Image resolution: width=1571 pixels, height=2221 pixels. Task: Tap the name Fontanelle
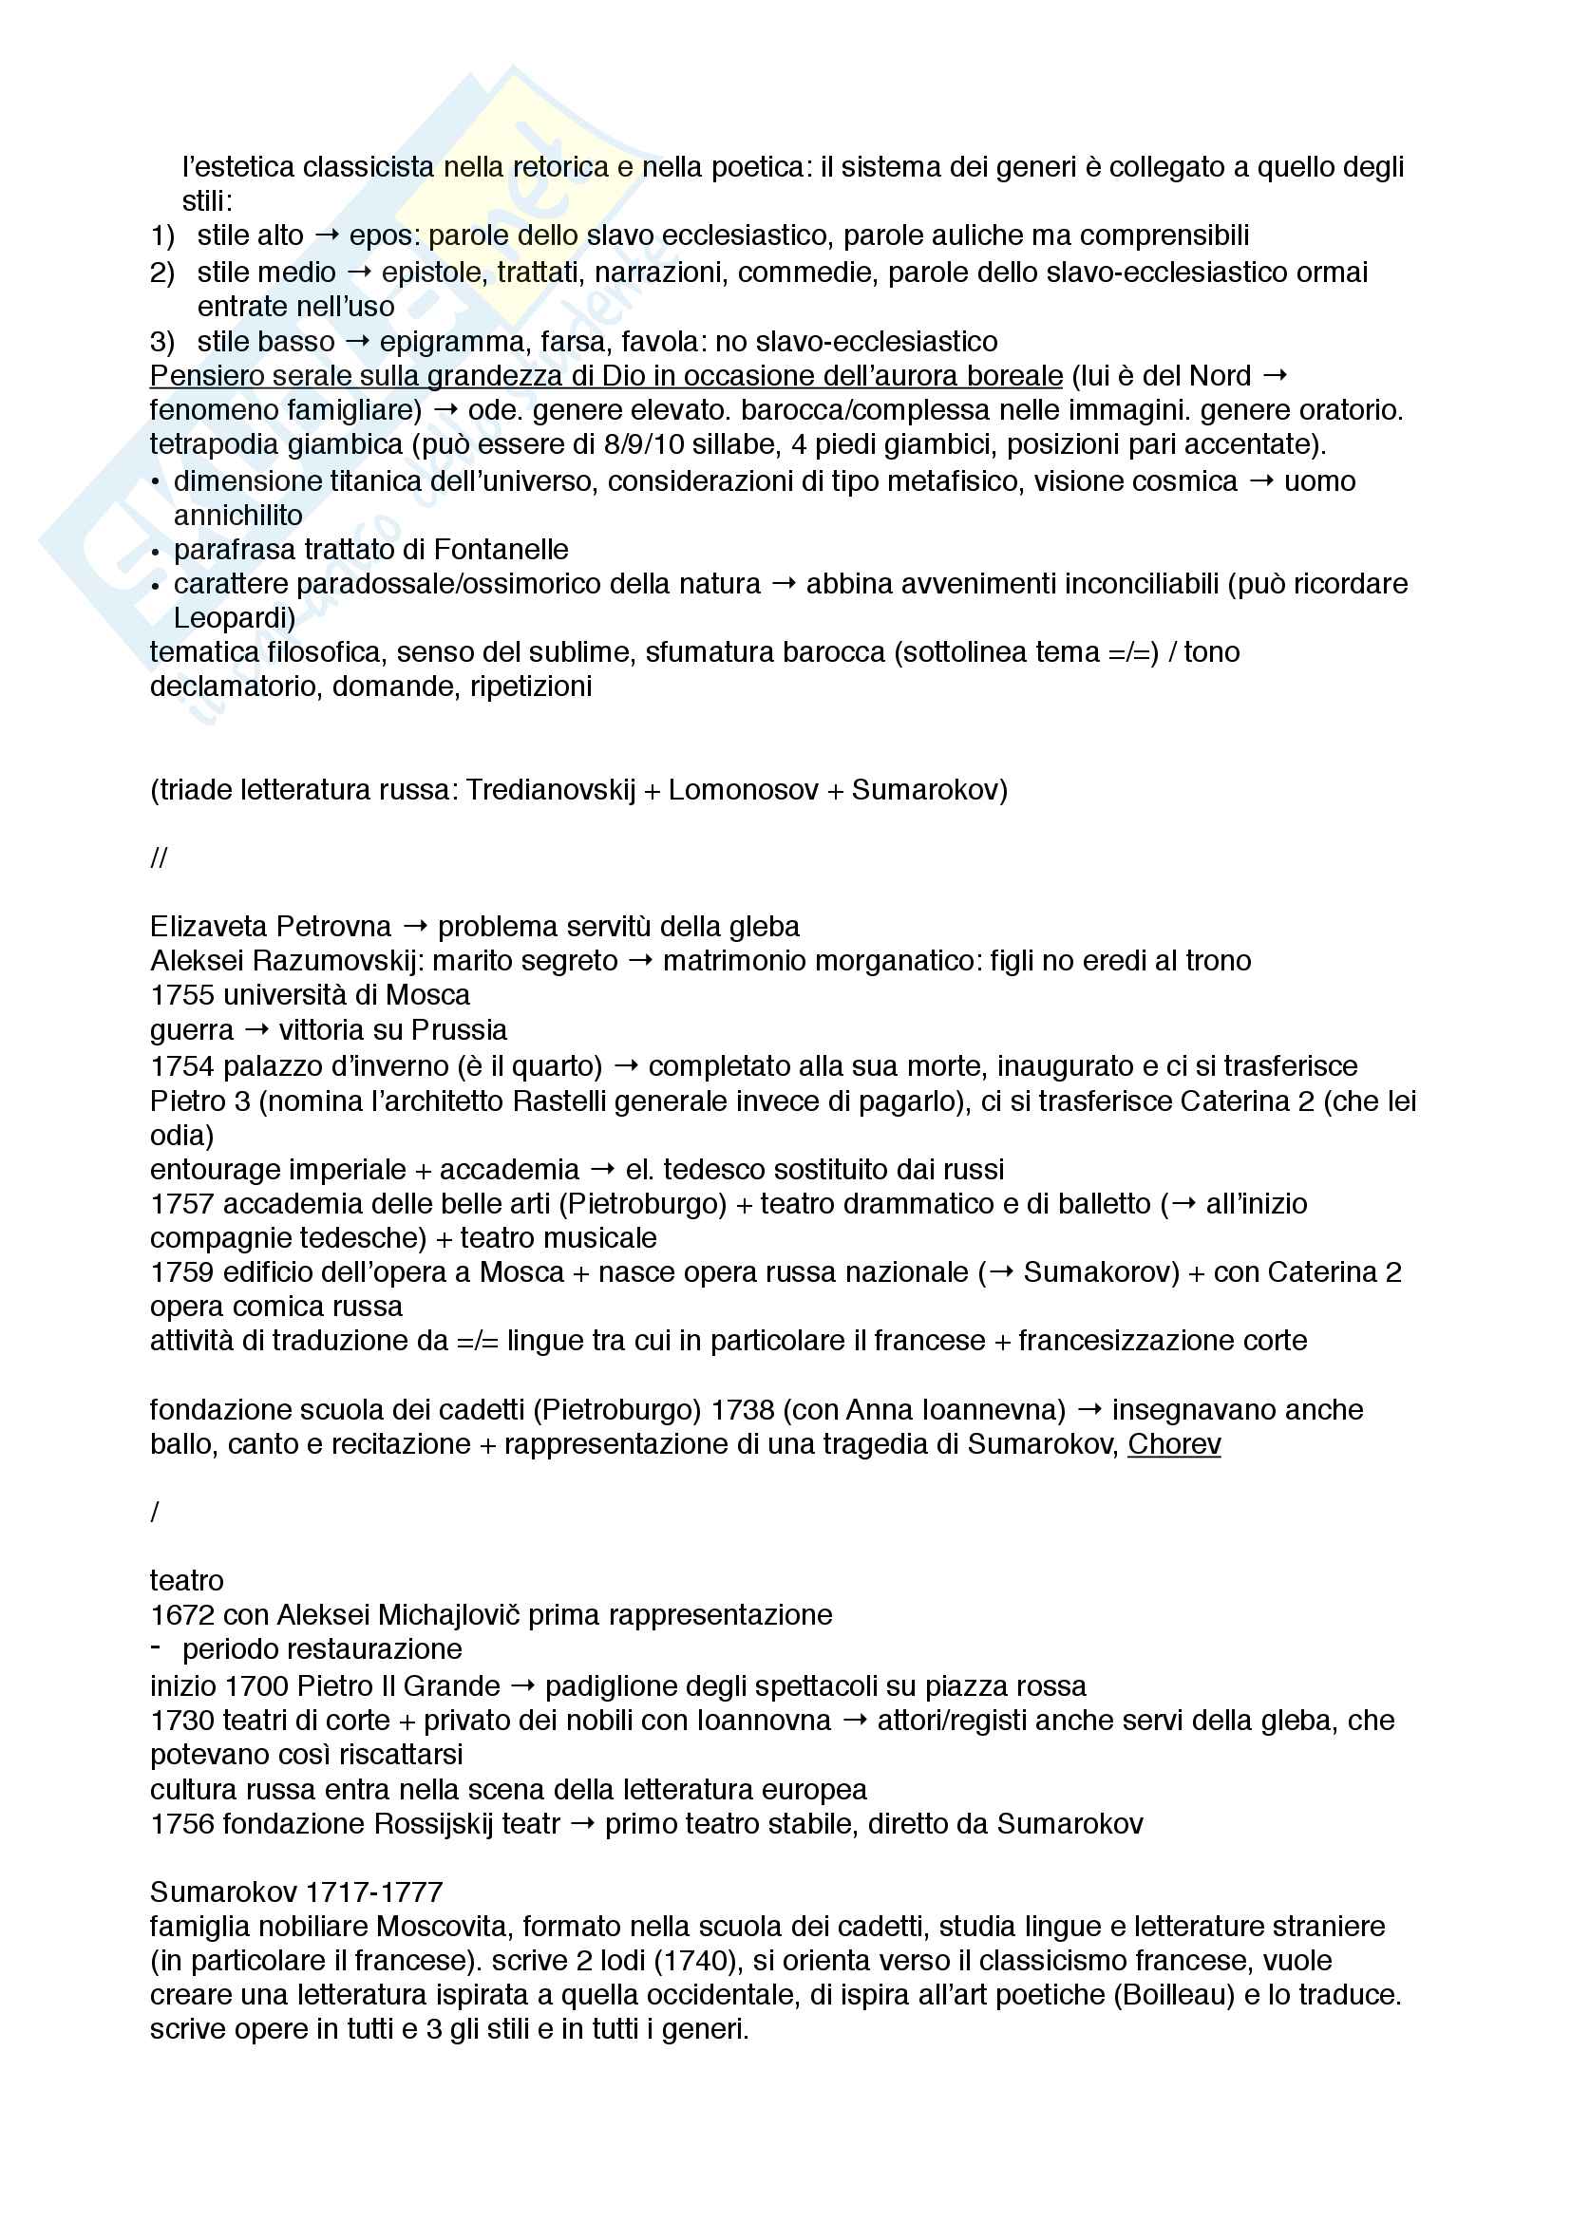pyautogui.click(x=501, y=550)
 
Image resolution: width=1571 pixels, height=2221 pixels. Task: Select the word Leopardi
pyautogui.click(x=234, y=617)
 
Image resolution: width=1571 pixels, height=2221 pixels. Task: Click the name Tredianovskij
pyautogui.click(x=551, y=790)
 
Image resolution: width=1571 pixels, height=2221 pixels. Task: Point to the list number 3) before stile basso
pyautogui.click(x=161, y=342)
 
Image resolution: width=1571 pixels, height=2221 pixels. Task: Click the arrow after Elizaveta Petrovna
pyautogui.click(x=415, y=927)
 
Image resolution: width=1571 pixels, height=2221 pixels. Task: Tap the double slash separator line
pyautogui.click(x=159, y=858)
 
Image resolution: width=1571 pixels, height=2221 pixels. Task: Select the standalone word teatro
pyautogui.click(x=187, y=1581)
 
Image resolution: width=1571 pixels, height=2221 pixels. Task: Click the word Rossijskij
pyautogui.click(x=441, y=1823)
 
